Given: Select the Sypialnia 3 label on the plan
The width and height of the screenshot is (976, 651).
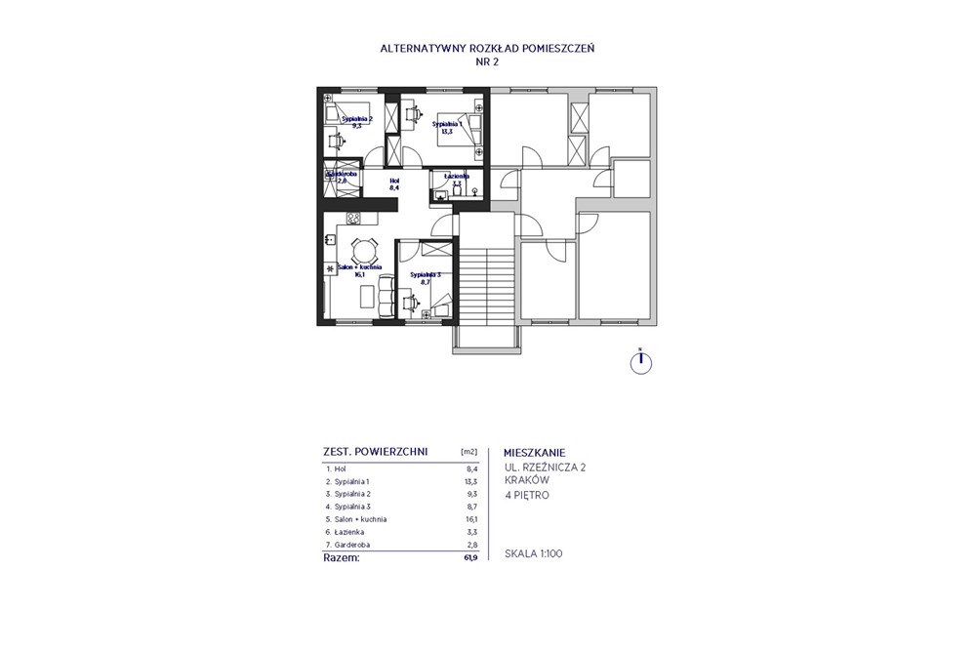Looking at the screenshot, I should (426, 278).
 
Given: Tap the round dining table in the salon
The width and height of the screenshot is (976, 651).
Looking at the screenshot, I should (363, 248).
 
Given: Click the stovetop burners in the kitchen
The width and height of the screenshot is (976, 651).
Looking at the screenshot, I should (354, 218).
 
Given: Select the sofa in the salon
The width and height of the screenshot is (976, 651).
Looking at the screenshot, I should (386, 292).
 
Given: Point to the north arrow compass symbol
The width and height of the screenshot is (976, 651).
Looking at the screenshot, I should (639, 362).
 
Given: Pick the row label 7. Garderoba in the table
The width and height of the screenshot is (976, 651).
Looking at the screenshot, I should (352, 545).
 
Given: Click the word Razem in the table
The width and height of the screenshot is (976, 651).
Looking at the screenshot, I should (341, 558).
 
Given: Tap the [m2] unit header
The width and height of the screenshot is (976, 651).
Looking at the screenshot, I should (468, 452).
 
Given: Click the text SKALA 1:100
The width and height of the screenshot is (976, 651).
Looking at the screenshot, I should (533, 553).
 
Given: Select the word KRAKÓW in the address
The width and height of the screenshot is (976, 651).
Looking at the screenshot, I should (528, 480).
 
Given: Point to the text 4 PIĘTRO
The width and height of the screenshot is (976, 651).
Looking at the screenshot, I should (526, 495).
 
